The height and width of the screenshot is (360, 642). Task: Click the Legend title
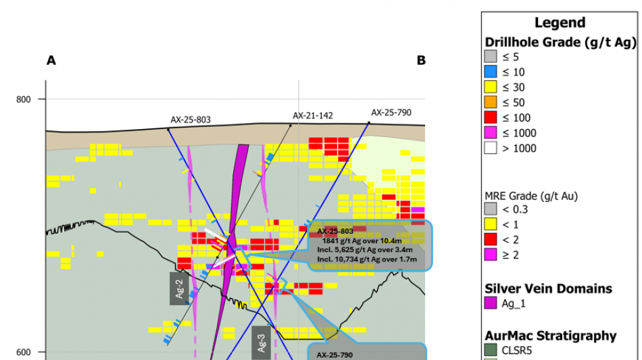tap(560, 23)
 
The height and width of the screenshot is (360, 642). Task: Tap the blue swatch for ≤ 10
tap(491, 72)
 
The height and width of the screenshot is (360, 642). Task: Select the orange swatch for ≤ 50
tap(491, 103)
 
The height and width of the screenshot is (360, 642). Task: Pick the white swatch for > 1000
tap(491, 149)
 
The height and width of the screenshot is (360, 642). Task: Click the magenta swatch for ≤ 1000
tap(491, 134)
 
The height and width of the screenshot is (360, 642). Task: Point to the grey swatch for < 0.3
tap(491, 210)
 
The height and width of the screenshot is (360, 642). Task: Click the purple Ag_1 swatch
tap(491, 303)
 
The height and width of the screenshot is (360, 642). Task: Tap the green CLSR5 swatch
tap(491, 350)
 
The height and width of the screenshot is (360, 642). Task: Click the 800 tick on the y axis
tap(24, 99)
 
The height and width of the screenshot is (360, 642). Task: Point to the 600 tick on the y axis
tap(24, 352)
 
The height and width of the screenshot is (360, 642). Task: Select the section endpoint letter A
tap(51, 61)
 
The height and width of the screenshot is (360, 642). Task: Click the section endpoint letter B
tap(421, 61)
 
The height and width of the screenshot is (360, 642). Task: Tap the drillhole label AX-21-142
tap(312, 115)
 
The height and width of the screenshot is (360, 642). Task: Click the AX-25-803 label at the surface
tap(191, 120)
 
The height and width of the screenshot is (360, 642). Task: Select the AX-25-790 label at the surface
tap(391, 112)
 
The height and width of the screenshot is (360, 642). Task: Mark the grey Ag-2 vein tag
tap(179, 288)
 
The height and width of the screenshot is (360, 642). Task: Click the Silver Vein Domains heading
tap(548, 288)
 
